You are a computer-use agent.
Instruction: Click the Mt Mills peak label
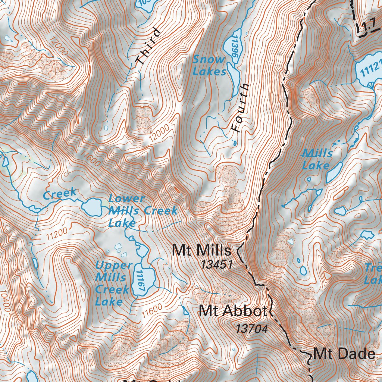point(201,250)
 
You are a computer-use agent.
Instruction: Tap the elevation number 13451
point(217,265)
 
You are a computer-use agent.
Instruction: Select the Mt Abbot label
point(233,311)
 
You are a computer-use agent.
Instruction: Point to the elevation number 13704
point(252,329)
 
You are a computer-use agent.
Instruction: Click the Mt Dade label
point(344,354)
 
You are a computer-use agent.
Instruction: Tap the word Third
point(148,46)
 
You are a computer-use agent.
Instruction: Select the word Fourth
point(240,108)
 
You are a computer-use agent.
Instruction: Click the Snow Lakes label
point(209,65)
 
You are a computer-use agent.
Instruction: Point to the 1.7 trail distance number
point(368,27)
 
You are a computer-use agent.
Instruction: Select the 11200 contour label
point(57,234)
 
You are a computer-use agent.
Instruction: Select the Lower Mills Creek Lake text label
point(142,211)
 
